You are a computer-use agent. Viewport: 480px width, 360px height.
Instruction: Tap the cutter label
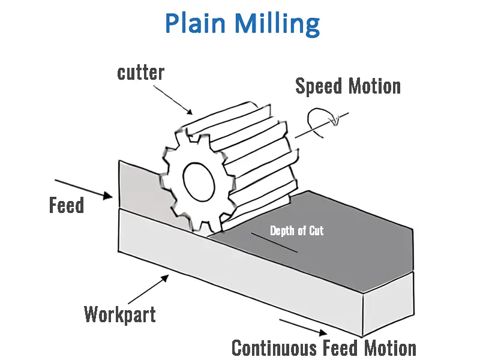coord(141,73)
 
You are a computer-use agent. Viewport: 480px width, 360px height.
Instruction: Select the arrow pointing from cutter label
coord(175,100)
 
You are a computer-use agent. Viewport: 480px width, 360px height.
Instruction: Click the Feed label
coord(66,206)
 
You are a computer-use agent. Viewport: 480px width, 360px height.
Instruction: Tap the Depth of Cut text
coord(296,230)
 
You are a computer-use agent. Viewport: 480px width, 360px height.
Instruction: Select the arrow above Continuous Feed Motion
coord(303,327)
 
